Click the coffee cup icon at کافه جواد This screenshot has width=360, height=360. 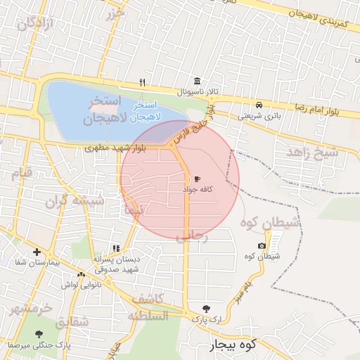click(x=197, y=179)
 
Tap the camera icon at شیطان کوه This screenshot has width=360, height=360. click(x=262, y=245)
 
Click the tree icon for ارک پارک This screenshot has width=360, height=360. click(x=205, y=309)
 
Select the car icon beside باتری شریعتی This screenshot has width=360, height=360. click(x=259, y=105)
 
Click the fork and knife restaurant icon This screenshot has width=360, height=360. click(x=143, y=82)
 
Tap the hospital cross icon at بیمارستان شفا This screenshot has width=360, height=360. click(x=37, y=252)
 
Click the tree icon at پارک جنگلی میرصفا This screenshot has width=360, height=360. click(x=39, y=335)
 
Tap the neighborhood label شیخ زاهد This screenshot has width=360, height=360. click(x=312, y=152)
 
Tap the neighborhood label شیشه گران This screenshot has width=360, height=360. click(x=75, y=202)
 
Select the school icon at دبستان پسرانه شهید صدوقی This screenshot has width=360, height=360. click(x=116, y=249)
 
